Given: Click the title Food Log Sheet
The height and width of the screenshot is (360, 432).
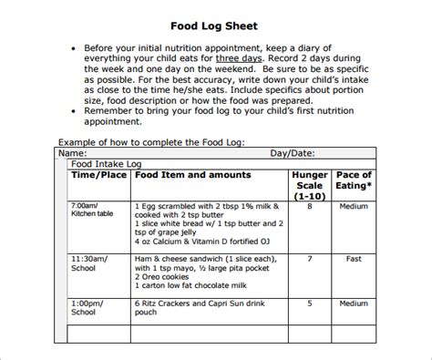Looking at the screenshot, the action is coord(216,26).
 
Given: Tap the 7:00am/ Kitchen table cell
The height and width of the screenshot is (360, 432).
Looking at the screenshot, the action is coord(91,211).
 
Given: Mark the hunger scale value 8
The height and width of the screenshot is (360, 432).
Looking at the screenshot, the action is coord(309,206).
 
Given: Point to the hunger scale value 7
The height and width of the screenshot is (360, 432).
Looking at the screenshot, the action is coord(309,259).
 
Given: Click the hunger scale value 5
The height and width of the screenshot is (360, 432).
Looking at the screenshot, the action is coord(309,303).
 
